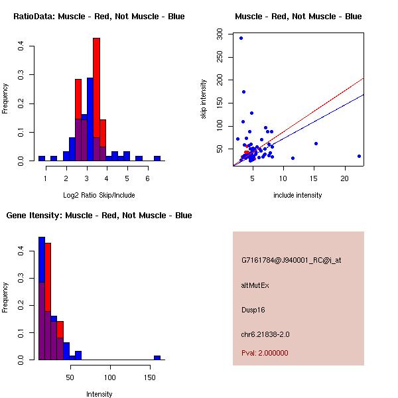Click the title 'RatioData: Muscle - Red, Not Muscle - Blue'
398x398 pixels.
tap(99, 16)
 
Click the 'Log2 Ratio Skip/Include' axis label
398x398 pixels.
tap(99, 195)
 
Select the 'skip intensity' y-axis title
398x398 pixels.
tap(204, 99)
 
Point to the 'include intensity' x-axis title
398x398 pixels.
tap(298, 195)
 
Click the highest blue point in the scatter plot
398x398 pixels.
tap(241, 38)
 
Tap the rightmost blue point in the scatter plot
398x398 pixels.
tap(359, 156)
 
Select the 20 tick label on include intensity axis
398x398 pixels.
tap(345, 178)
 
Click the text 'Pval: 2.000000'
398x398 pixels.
tap(265, 353)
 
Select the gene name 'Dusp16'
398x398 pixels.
tap(253, 310)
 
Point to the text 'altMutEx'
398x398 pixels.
tap(255, 285)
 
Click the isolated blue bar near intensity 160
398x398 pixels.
tap(157, 358)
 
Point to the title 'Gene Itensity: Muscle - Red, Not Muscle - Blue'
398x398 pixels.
tap(99, 215)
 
